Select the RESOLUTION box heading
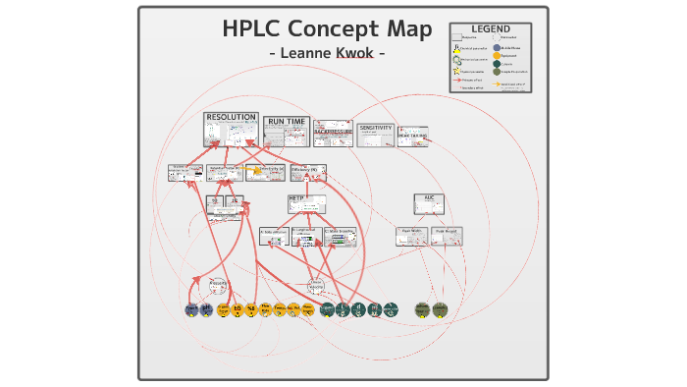(x=231, y=118)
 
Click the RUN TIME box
(x=287, y=131)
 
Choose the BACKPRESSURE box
(x=333, y=133)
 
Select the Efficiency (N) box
(x=308, y=173)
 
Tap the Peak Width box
(x=410, y=236)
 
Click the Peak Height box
(x=447, y=236)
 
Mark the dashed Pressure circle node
(x=219, y=286)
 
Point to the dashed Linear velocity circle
(x=316, y=286)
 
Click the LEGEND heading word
(x=490, y=29)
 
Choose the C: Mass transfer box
(x=340, y=236)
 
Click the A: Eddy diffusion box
(x=274, y=236)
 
